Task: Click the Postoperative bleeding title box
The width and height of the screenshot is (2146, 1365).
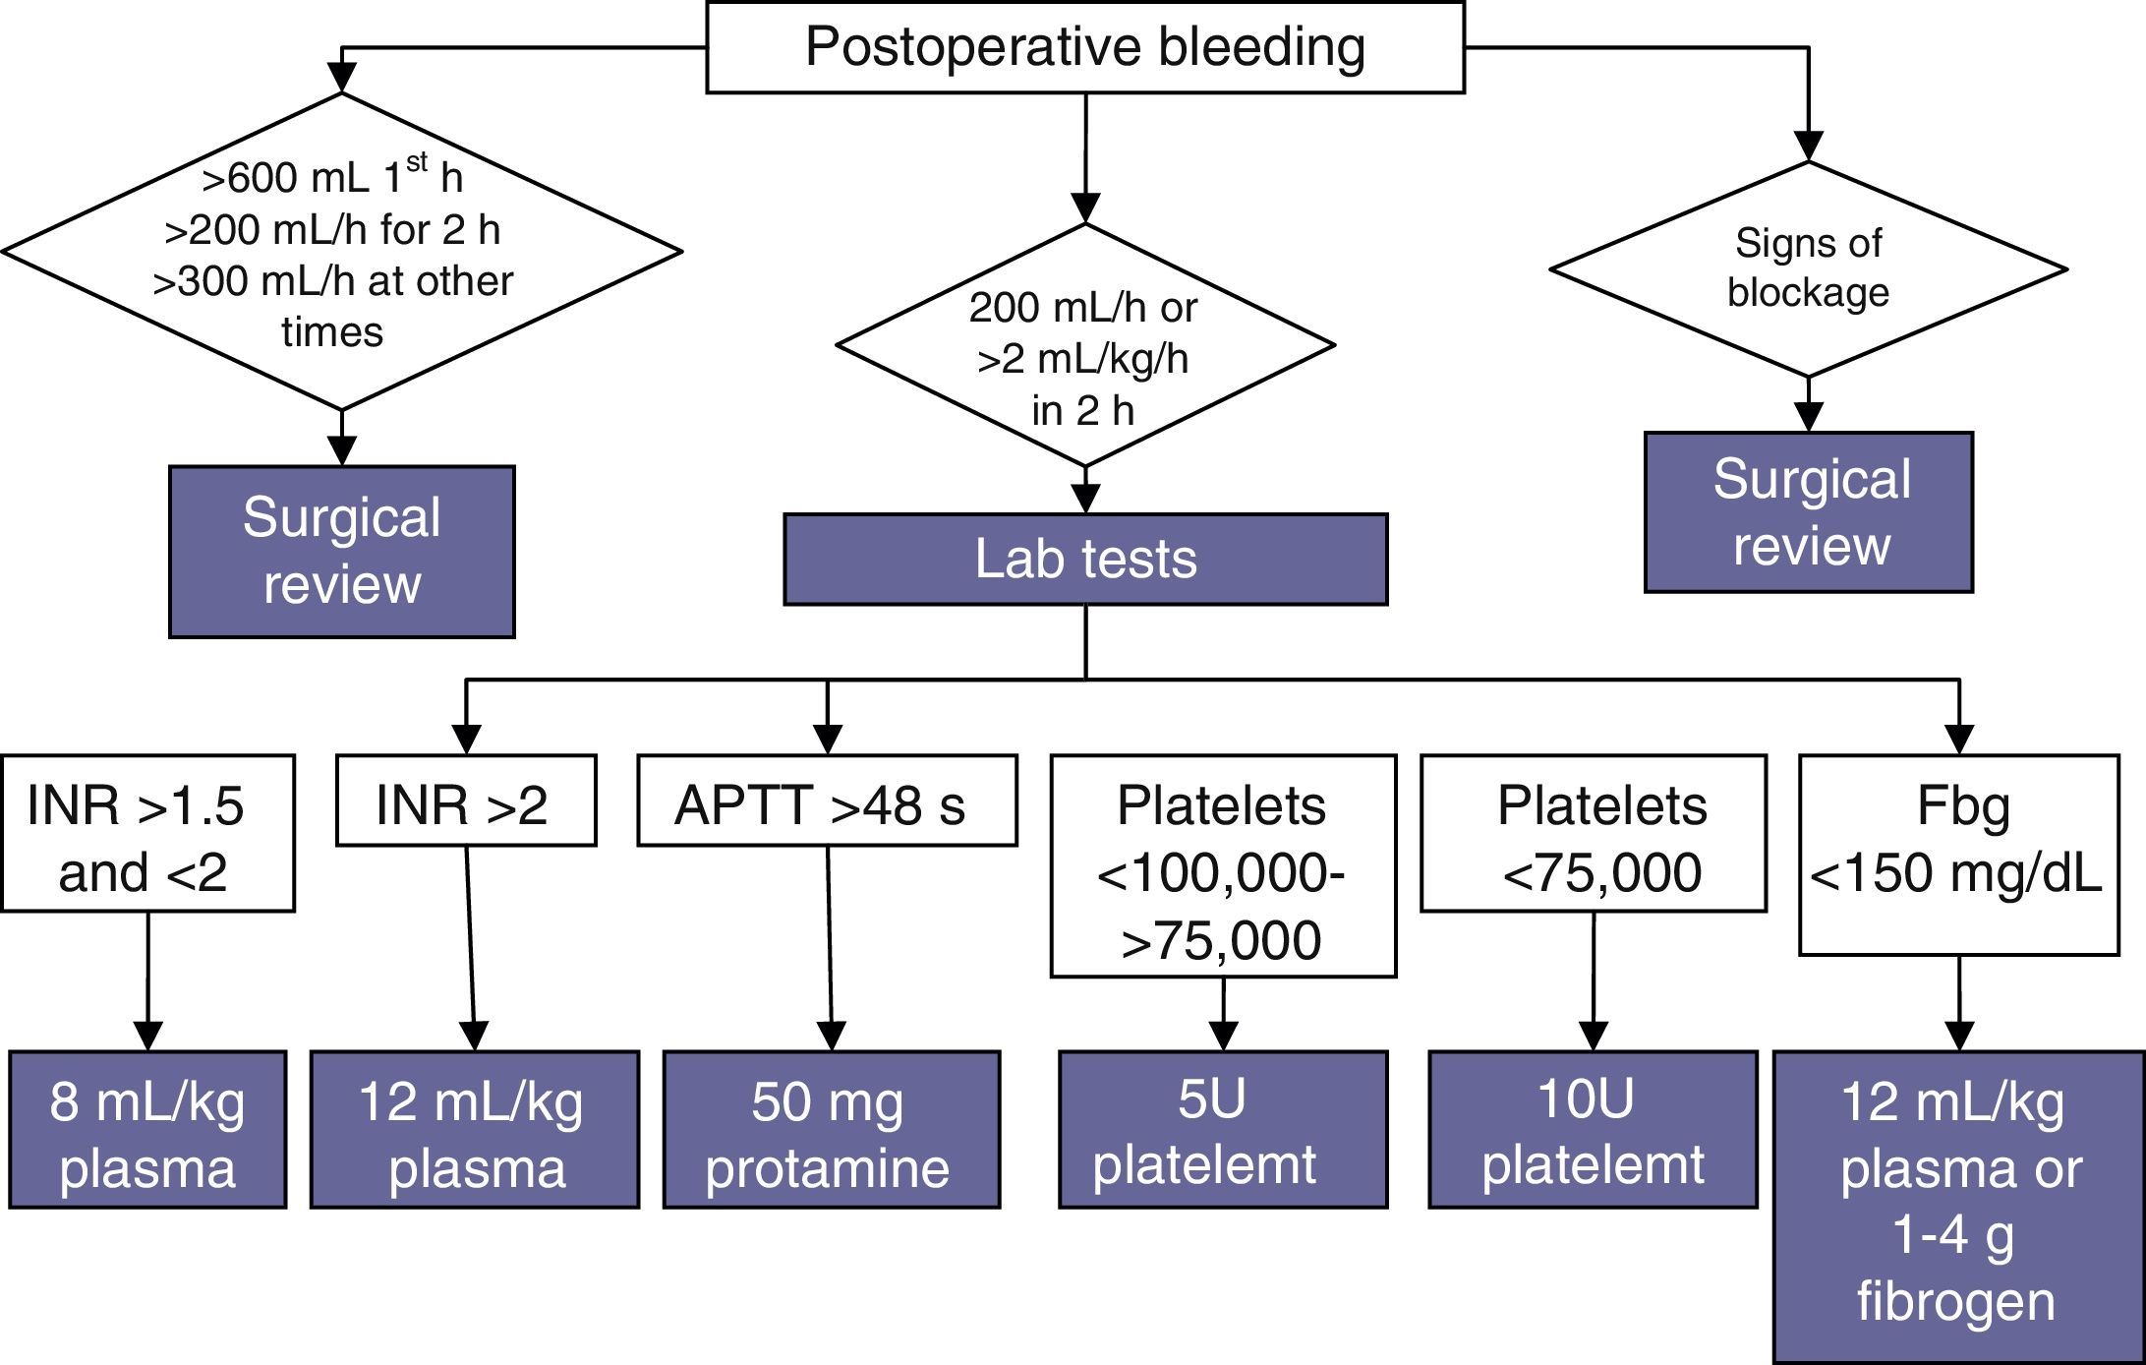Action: coord(1085,47)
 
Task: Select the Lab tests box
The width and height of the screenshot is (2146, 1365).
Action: coord(1085,559)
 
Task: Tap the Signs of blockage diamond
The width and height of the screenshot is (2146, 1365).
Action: coord(1808,268)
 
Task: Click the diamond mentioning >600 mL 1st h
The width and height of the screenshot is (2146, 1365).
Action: coord(340,252)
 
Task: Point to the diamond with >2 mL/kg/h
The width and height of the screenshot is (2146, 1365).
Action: coord(1084,345)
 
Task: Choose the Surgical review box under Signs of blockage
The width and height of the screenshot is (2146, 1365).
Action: coord(1809,511)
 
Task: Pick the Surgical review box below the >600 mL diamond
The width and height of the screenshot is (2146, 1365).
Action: coord(341,552)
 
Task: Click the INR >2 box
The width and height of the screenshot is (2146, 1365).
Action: coord(465,800)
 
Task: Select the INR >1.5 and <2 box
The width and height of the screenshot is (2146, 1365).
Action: coord(147,833)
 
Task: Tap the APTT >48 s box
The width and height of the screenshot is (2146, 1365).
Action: coord(826,800)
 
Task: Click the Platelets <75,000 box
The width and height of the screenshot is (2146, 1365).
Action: coord(1593,833)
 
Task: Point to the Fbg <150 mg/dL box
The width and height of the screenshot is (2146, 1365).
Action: coord(1958,854)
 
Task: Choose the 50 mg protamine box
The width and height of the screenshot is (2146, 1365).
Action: coord(831,1129)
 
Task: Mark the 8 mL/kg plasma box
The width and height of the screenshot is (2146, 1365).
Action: coord(147,1129)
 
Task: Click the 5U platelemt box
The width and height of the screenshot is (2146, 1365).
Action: coord(1223,1129)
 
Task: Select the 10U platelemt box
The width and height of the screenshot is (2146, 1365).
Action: coord(1593,1129)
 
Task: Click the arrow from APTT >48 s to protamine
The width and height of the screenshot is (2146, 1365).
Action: coord(830,944)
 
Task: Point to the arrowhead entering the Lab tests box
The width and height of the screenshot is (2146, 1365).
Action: coord(1085,500)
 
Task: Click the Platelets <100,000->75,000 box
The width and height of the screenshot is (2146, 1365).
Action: coord(1223,865)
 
